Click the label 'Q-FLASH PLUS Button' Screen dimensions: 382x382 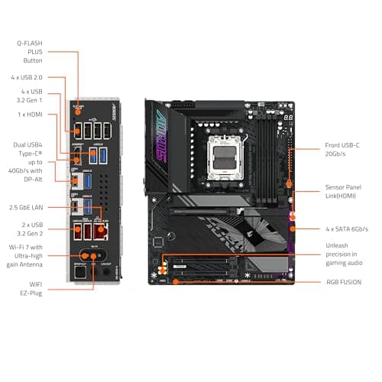click(31, 51)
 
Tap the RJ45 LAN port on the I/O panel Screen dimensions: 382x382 click(78, 183)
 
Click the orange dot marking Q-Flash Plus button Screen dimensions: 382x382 click(79, 110)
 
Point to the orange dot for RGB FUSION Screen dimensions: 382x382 click(177, 280)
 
